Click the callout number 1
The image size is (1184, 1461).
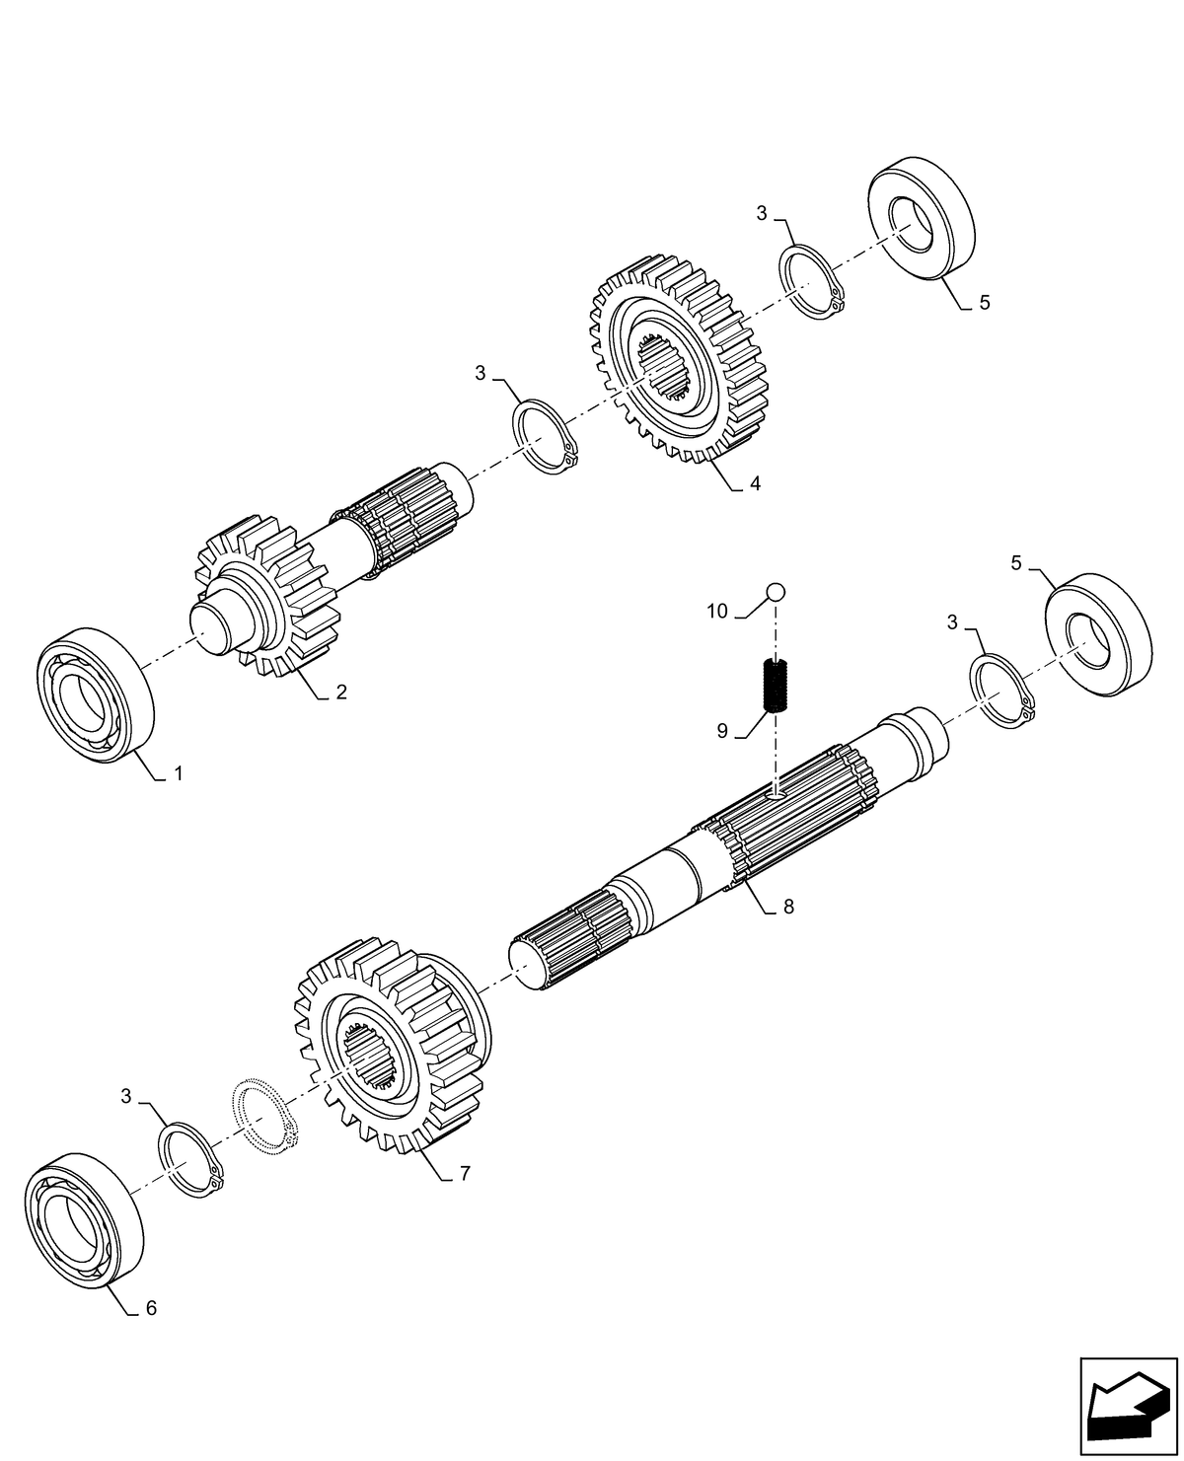tap(179, 774)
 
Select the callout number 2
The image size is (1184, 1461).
tap(340, 693)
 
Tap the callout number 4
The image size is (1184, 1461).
tap(755, 483)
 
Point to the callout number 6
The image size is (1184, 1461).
tap(150, 1308)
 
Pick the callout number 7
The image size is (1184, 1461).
tap(465, 1174)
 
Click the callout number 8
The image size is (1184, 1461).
tap(787, 907)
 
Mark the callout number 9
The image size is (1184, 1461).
tap(722, 731)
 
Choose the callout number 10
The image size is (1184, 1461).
tap(717, 612)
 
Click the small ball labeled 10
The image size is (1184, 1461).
tap(777, 592)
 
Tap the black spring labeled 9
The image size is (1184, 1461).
tap(776, 685)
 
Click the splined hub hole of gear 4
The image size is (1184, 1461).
tap(659, 370)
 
